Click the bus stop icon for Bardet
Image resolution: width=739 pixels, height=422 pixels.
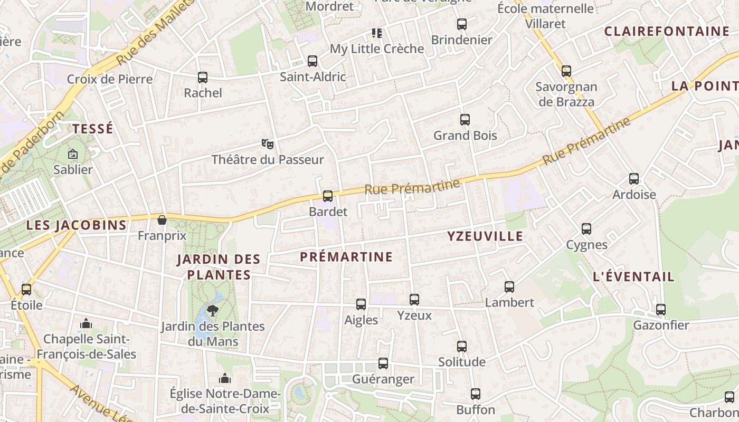point(328,196)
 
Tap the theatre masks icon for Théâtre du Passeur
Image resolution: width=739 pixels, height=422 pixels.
point(268,143)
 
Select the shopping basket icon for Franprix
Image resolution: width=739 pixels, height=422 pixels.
point(162,220)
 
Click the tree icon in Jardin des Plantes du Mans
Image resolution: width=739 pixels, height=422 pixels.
point(213,310)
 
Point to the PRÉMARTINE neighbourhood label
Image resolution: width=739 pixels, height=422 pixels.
point(346,257)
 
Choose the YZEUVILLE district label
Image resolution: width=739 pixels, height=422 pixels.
point(485,236)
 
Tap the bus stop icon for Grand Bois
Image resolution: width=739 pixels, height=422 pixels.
point(465,120)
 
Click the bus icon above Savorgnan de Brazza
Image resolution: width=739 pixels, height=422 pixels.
point(566,71)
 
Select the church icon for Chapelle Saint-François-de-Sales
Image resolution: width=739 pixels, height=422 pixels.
point(86,323)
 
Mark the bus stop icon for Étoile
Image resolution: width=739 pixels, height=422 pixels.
point(26,289)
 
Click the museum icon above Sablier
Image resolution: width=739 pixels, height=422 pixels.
point(73,154)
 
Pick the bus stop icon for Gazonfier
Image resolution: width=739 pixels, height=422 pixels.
point(661,310)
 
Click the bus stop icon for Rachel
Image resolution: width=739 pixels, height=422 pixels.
point(203,78)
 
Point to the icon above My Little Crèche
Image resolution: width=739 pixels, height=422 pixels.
point(377,33)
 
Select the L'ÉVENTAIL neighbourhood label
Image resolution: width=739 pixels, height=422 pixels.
point(633,276)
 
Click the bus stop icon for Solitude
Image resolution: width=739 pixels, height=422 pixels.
point(462,347)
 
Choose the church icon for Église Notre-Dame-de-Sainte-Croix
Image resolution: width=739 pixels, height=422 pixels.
point(225,378)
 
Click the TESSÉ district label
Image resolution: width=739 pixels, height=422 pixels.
point(93,129)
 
